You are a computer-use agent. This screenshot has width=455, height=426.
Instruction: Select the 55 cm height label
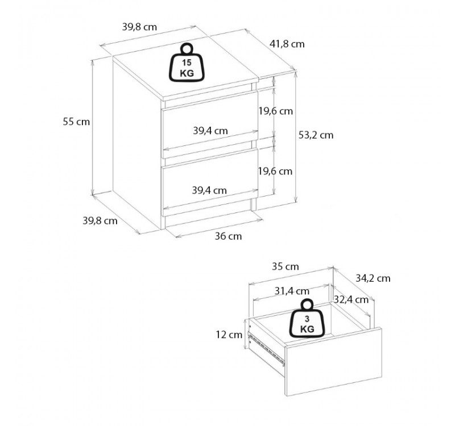click(x=76, y=121)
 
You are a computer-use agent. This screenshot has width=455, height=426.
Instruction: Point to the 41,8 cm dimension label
click(x=287, y=44)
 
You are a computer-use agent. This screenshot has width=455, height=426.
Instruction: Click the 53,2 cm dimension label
click(x=316, y=135)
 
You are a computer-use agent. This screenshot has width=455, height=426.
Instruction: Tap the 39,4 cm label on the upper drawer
click(x=210, y=131)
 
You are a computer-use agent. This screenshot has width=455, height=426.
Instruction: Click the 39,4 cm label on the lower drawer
click(x=210, y=190)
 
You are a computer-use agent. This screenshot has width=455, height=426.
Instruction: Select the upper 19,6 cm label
click(x=275, y=111)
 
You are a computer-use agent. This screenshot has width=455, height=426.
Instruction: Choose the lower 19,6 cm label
click(x=275, y=171)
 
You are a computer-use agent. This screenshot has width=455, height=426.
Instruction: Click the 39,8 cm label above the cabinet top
click(x=139, y=26)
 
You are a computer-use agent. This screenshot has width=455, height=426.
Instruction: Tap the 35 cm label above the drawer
click(x=285, y=266)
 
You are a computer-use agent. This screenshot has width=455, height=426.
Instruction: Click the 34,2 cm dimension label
click(x=373, y=278)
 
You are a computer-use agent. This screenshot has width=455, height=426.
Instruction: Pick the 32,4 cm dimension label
click(x=351, y=299)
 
